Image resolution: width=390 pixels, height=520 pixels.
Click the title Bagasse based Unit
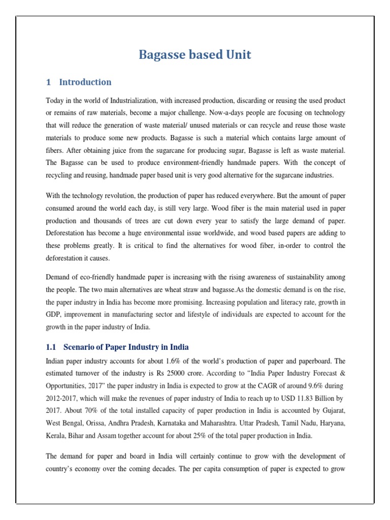point(195,55)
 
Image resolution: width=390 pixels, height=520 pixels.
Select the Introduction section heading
point(85,82)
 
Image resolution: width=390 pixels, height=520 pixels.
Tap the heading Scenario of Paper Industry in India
point(126,347)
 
